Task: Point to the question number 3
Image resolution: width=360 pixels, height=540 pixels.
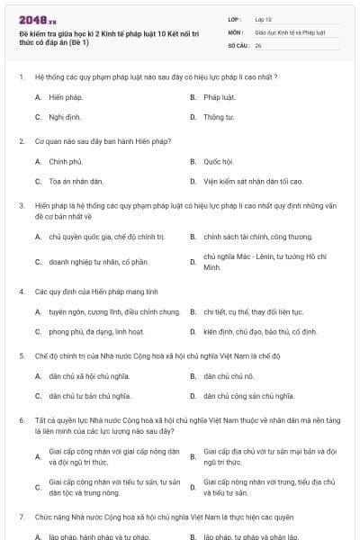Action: (21, 206)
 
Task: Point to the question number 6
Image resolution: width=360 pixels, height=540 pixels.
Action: (21, 420)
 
